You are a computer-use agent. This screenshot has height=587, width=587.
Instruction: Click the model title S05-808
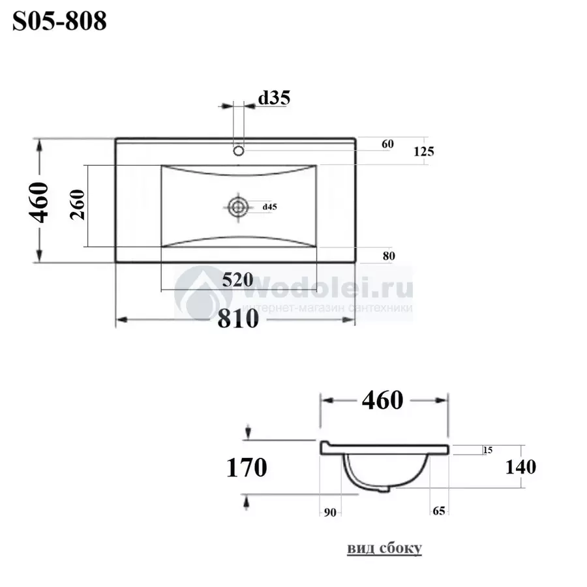tap(59, 21)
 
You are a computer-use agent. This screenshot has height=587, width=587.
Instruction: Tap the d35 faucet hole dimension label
tap(274, 98)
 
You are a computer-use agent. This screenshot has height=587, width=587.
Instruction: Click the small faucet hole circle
tap(239, 151)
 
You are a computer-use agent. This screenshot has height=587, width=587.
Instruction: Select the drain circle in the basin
tap(238, 207)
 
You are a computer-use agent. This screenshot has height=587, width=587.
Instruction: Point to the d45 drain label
tap(269, 207)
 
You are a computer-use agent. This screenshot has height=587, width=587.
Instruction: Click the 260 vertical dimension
tap(78, 205)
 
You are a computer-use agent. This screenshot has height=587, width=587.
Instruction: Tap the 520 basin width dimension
tap(237, 280)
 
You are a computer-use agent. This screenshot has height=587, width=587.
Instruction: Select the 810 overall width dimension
tap(238, 319)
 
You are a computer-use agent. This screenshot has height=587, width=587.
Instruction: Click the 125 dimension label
tap(424, 151)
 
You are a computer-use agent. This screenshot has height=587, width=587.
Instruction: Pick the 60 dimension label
tap(387, 144)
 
